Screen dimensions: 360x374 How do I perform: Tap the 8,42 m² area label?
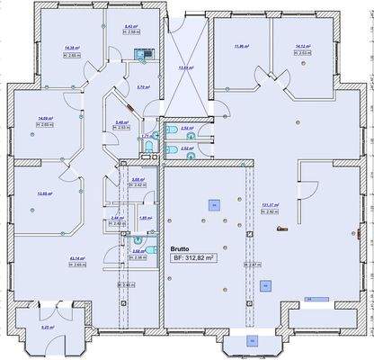129,26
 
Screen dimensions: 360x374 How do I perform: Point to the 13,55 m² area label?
42,193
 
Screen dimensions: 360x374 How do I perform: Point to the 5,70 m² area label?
141,86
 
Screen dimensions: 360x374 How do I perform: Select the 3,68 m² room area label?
138,180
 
